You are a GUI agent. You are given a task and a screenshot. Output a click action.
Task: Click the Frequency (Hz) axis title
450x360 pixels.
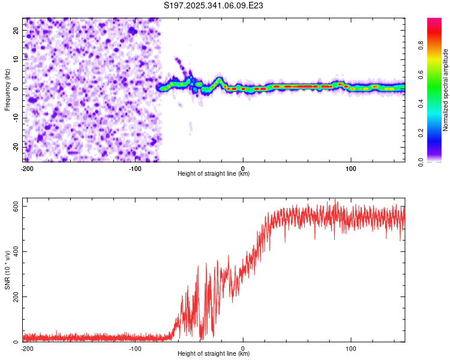point(7,89)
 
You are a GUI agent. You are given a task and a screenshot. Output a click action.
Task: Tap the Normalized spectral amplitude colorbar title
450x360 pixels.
point(445,90)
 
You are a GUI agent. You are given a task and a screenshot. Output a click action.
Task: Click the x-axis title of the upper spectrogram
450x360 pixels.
point(214,173)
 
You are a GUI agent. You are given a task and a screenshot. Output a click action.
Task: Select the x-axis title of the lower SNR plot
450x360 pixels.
point(214,353)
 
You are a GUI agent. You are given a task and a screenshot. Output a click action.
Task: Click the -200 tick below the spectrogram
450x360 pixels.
point(26,167)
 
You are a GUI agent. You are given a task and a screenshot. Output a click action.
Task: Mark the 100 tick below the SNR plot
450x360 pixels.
point(351,347)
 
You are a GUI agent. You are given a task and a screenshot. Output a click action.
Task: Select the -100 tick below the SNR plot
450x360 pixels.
point(135,347)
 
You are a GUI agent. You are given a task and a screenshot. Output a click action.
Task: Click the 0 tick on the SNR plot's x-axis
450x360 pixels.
point(243,347)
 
